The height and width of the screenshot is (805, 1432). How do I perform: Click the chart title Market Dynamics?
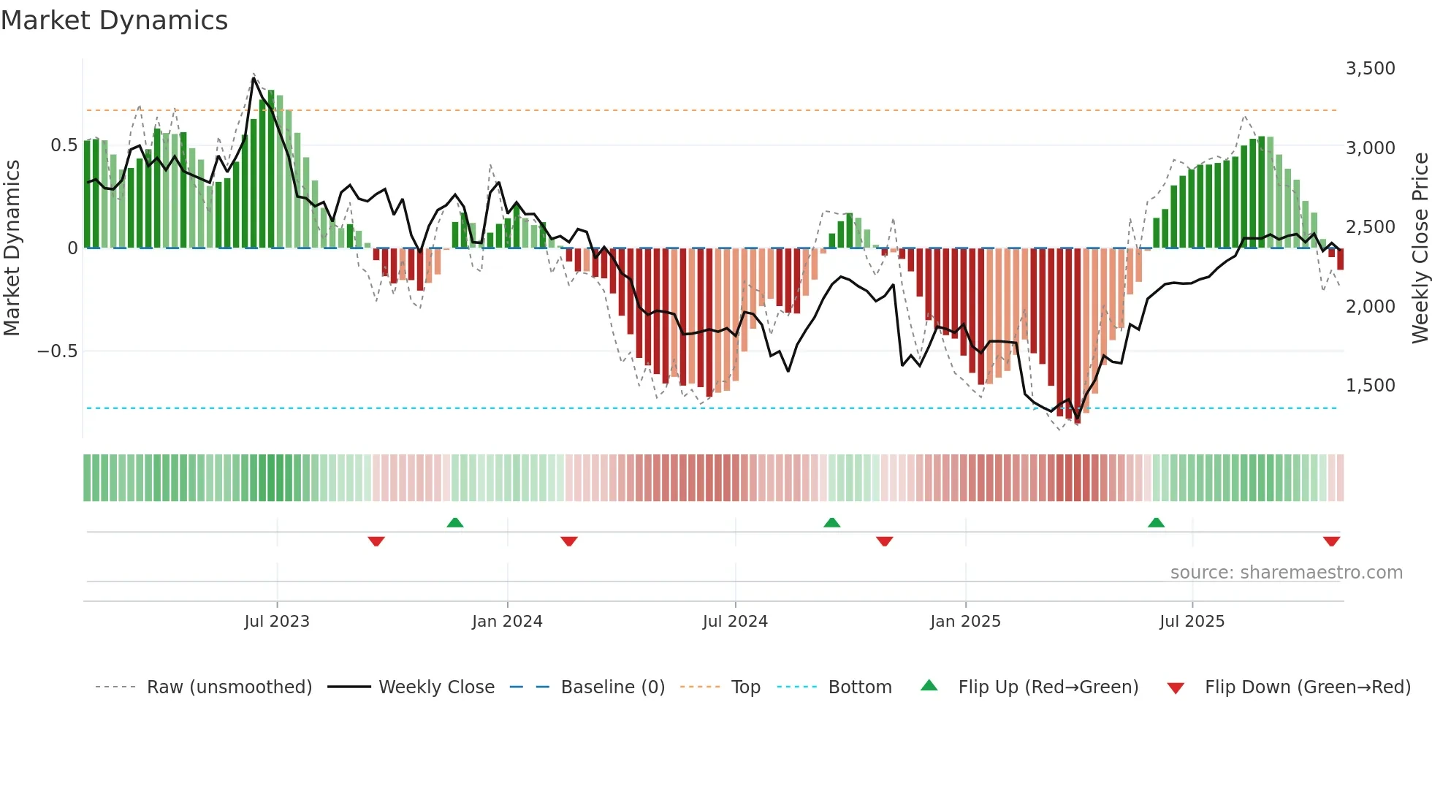pyautogui.click(x=114, y=20)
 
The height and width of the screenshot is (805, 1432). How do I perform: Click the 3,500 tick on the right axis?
pyautogui.click(x=1370, y=69)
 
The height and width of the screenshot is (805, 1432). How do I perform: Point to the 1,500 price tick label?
pyautogui.click(x=1370, y=386)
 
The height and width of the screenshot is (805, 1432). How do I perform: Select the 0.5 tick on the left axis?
pyautogui.click(x=64, y=145)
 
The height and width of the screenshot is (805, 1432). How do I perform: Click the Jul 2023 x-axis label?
pyautogui.click(x=277, y=622)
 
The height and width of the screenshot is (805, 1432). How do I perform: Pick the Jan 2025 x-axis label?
pyautogui.click(x=965, y=622)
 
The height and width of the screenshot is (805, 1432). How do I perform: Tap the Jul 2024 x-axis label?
pyautogui.click(x=735, y=622)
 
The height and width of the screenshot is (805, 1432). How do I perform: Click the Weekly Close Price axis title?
pyautogui.click(x=1420, y=248)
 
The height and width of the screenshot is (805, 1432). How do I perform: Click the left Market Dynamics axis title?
pyautogui.click(x=12, y=248)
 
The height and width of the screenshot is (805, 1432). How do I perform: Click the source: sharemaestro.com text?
pyautogui.click(x=1286, y=573)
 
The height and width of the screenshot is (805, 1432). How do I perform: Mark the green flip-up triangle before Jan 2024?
pyautogui.click(x=455, y=523)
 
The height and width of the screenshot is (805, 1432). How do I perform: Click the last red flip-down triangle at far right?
pyautogui.click(x=1331, y=541)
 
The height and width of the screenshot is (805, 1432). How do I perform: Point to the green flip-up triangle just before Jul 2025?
pyautogui.click(x=1156, y=523)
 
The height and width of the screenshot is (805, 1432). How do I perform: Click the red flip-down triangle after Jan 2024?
pyautogui.click(x=569, y=541)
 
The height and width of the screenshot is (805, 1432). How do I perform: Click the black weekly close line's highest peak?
pyautogui.click(x=254, y=78)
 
